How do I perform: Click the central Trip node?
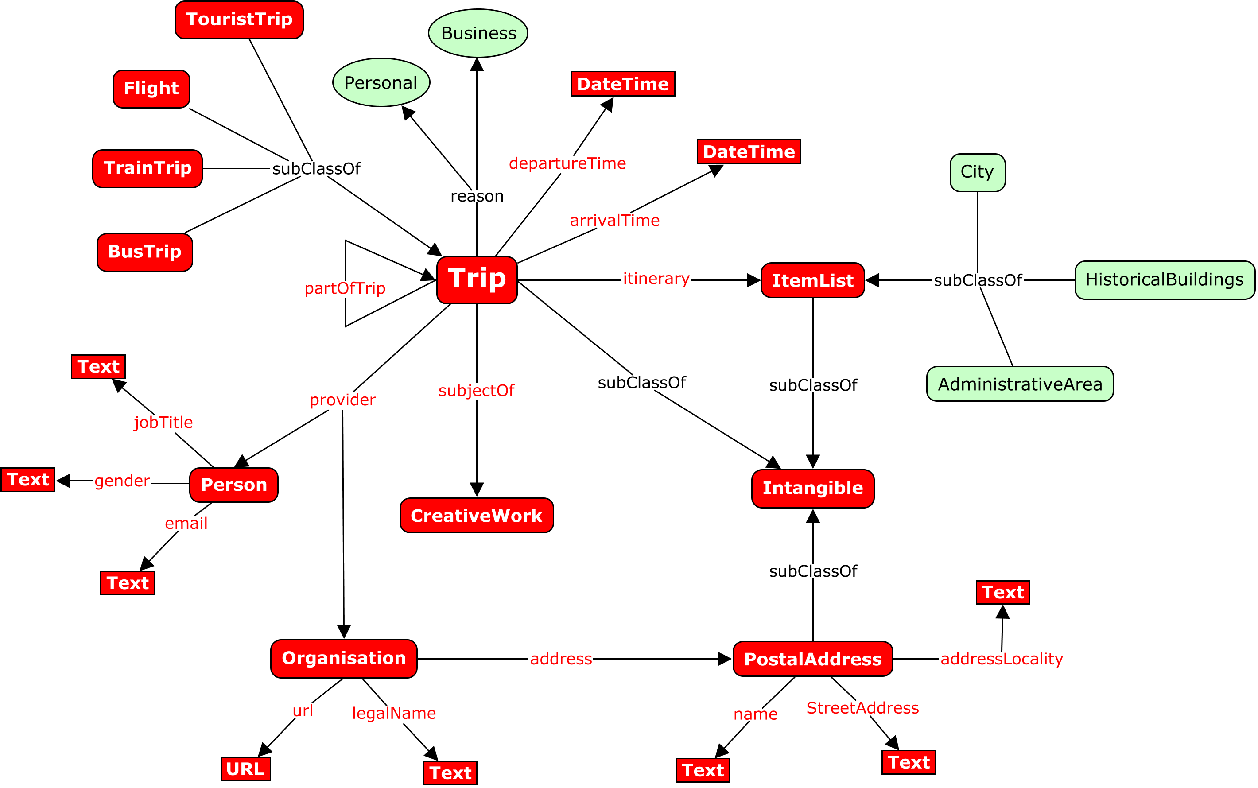tap(476, 280)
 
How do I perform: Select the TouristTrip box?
tap(239, 20)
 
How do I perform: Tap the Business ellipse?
tap(478, 33)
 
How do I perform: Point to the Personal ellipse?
tap(381, 83)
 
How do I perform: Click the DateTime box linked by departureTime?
tap(622, 84)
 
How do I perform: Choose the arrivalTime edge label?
tap(614, 221)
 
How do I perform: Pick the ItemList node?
tap(812, 280)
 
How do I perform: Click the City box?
tap(977, 172)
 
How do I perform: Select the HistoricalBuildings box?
tap(1164, 280)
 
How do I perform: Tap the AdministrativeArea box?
tap(1019, 384)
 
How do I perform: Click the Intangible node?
tap(812, 488)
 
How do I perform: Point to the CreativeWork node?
tap(476, 516)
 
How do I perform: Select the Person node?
tap(233, 485)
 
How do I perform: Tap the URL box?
tap(245, 769)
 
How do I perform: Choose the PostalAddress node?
tap(812, 659)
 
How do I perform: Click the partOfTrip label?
tap(345, 288)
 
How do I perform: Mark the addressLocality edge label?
tap(1001, 659)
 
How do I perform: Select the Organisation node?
tap(343, 658)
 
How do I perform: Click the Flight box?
tap(151, 89)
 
